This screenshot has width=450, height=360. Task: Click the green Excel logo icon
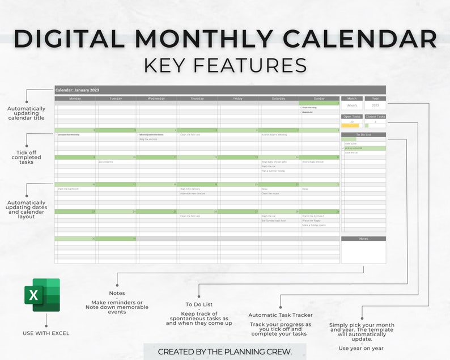click(x=42, y=295)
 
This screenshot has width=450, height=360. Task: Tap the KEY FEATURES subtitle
click(x=225, y=65)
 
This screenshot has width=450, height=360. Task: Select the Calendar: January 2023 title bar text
click(x=77, y=90)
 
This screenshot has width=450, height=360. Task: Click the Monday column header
click(x=75, y=99)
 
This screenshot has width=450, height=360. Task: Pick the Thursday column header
click(x=197, y=99)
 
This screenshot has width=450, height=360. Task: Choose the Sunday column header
click(x=319, y=99)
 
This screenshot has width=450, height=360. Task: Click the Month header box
click(x=352, y=99)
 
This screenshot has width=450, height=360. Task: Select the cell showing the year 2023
click(x=375, y=105)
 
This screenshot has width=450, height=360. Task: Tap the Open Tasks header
click(x=352, y=117)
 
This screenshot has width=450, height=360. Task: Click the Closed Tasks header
click(x=375, y=117)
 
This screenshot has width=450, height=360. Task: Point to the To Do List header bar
click(x=363, y=135)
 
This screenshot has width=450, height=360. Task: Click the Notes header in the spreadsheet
click(x=363, y=239)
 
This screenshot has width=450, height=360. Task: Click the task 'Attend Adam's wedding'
click(x=274, y=135)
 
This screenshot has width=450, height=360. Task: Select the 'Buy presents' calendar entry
click(x=106, y=162)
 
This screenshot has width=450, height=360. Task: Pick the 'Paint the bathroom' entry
click(x=68, y=189)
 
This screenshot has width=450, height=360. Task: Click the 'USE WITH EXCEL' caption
click(x=46, y=333)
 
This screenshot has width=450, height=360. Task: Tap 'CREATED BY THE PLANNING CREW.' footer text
click(x=225, y=351)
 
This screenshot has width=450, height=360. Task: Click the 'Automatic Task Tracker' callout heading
click(x=280, y=315)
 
